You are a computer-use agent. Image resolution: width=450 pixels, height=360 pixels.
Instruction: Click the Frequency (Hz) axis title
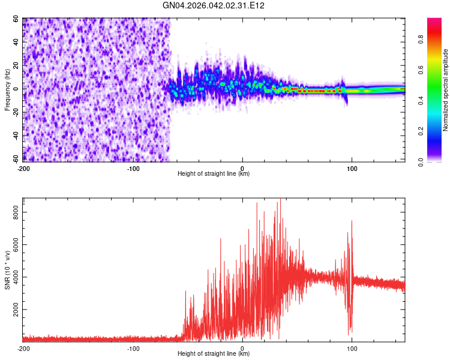(7, 90)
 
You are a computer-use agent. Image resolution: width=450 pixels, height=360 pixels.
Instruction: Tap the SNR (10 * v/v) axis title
(7, 270)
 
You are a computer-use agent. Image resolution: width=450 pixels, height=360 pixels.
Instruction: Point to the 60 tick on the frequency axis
(16, 19)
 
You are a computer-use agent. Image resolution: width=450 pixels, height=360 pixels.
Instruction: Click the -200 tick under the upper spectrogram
(24, 169)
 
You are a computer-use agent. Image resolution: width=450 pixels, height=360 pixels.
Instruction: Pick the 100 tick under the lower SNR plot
(352, 349)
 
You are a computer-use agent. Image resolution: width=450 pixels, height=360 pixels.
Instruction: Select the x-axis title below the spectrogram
(214, 174)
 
